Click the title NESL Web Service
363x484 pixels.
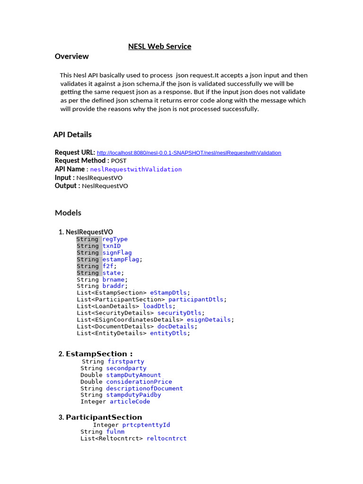coord(160,46)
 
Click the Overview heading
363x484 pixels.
coord(72,56)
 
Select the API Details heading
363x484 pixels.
coord(72,135)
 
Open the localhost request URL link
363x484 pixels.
coord(189,153)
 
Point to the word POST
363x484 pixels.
coord(119,161)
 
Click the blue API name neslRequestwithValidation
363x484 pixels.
coord(136,169)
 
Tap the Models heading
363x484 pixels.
coord(68,213)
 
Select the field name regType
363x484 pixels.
coord(115,239)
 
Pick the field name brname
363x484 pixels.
coord(113,280)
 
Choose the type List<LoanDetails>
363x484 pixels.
coord(108,306)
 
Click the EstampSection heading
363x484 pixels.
coord(99,354)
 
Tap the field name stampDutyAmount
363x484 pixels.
coord(134,375)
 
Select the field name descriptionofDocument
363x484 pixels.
coord(145,389)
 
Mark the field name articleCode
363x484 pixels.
coord(130,402)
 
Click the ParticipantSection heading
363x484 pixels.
coord(104,417)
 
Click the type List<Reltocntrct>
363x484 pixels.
coord(112,439)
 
